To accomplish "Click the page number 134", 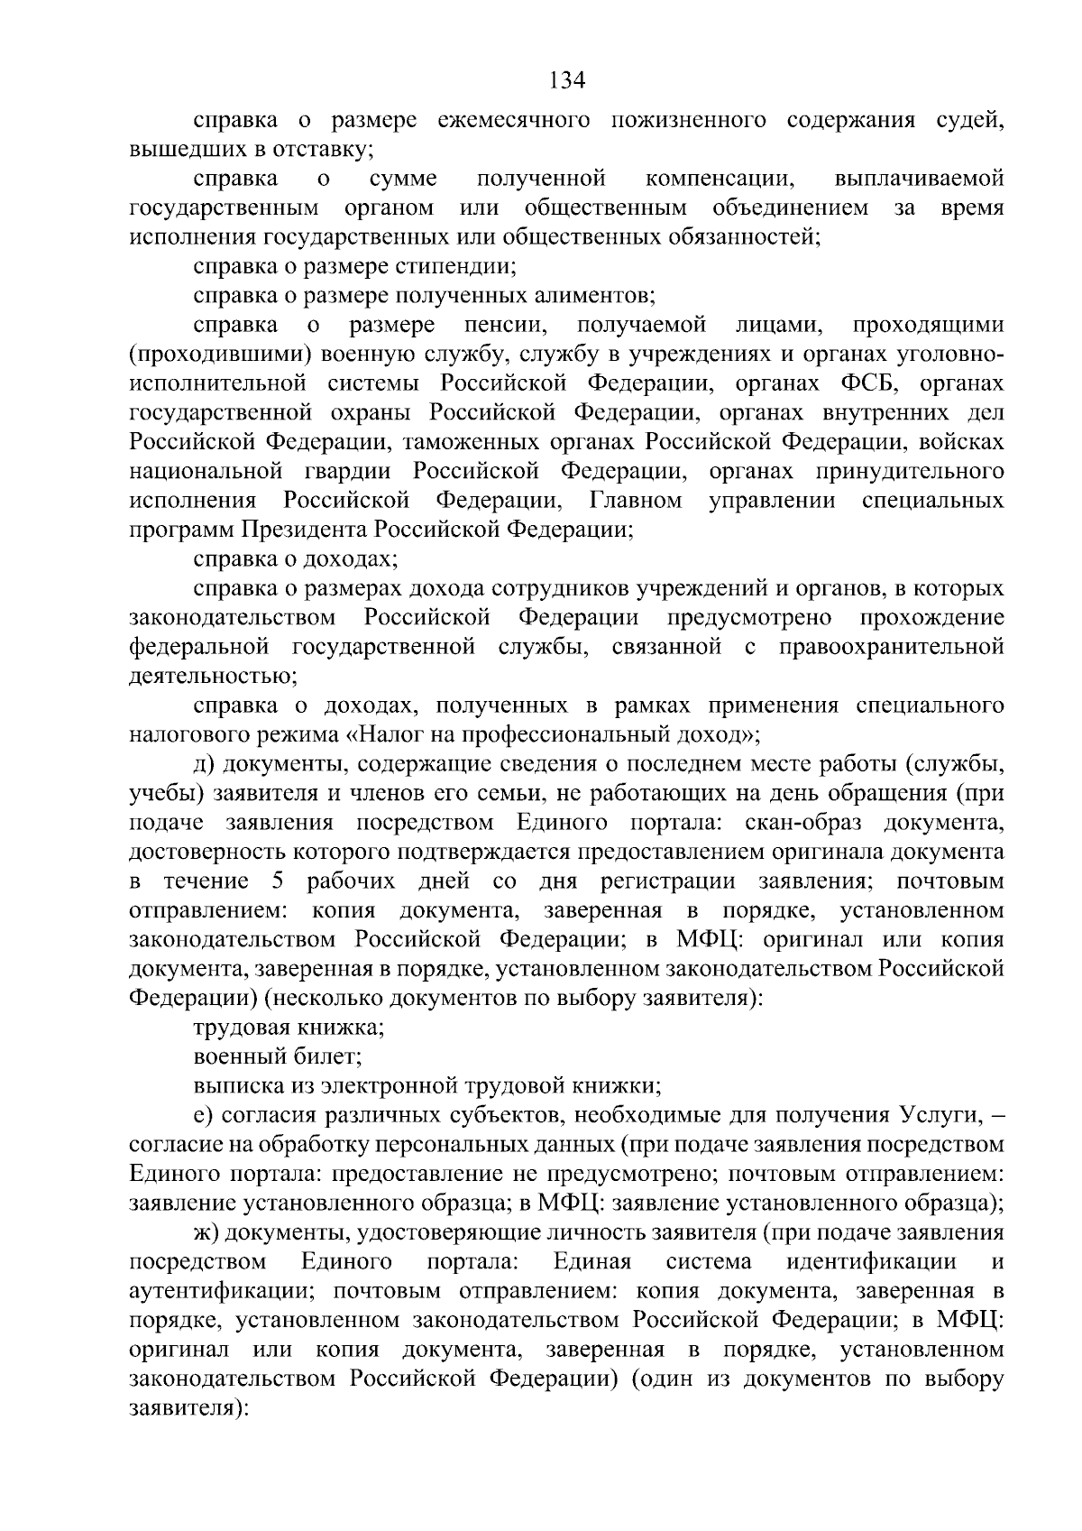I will pyautogui.click(x=568, y=80).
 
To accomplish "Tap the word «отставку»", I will pyautogui.click(x=325, y=149).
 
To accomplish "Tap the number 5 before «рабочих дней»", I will pyautogui.click(x=279, y=881).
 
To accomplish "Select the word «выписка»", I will pyautogui.click(x=233, y=1085).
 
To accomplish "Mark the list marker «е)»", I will pyautogui.click(x=204, y=1115).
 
